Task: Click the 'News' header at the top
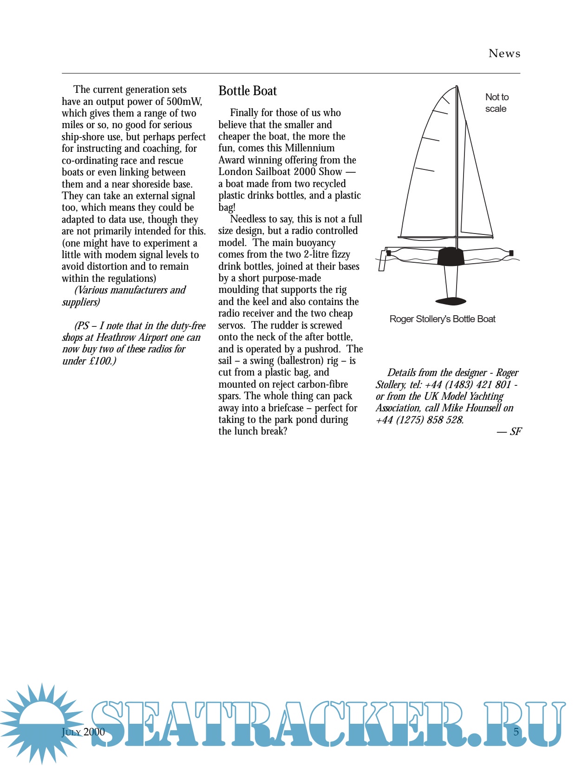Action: pos(504,54)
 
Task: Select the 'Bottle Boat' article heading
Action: pos(248,91)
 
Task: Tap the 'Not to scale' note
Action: pos(497,103)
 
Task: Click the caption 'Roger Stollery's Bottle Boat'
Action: pos(442,319)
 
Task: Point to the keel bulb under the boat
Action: pos(451,302)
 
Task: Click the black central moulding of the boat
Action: pos(451,257)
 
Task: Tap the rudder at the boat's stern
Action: pos(382,260)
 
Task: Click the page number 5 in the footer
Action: pos(516,732)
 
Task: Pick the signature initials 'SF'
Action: pos(516,431)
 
